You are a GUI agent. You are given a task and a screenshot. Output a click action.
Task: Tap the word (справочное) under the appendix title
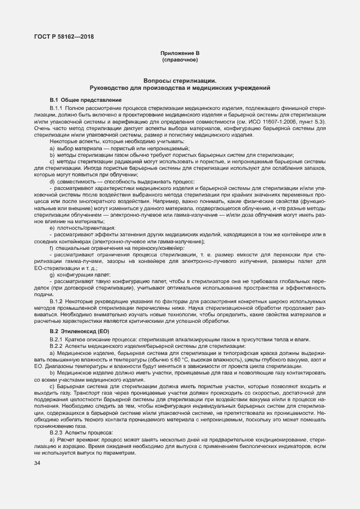pyautogui.click(x=180, y=59)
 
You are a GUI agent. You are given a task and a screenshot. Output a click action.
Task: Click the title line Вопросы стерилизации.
pyautogui.click(x=180, y=81)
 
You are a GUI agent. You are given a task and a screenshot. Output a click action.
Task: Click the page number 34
pyautogui.click(x=37, y=463)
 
